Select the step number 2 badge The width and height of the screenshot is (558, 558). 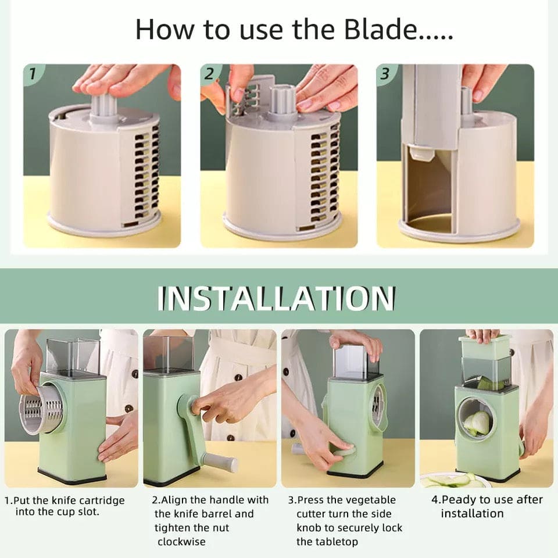click(210, 74)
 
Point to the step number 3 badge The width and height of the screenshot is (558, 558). click(385, 74)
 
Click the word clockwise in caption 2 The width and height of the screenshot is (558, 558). click(181, 542)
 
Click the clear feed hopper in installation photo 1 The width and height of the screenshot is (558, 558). click(73, 356)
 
